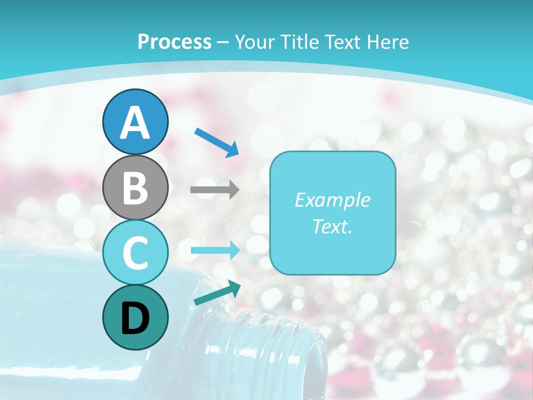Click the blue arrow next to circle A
[217, 142]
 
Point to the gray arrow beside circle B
[215, 190]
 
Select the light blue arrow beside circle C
[215, 251]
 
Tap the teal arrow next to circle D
[217, 293]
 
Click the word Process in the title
[174, 42]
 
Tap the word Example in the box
[332, 200]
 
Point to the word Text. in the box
[332, 226]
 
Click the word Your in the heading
[254, 42]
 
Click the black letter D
[135, 319]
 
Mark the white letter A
[135, 122]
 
